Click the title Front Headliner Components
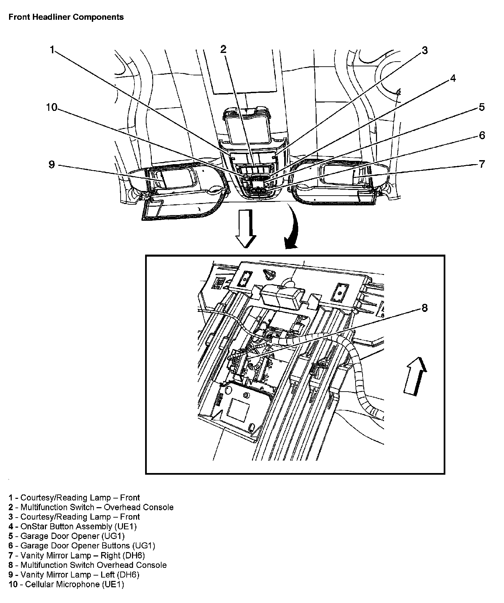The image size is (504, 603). [66, 17]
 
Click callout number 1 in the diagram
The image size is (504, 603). [52, 50]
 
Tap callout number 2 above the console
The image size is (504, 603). [223, 50]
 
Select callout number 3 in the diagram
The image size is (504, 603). [425, 51]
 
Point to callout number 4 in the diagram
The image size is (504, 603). [453, 78]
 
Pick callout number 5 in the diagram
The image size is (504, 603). [482, 107]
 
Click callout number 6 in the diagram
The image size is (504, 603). [482, 135]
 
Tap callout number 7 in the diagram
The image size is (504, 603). [482, 164]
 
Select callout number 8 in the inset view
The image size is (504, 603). [425, 308]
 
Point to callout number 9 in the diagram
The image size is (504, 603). [52, 164]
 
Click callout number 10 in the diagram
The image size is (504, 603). [52, 107]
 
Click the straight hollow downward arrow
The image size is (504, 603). [246, 228]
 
